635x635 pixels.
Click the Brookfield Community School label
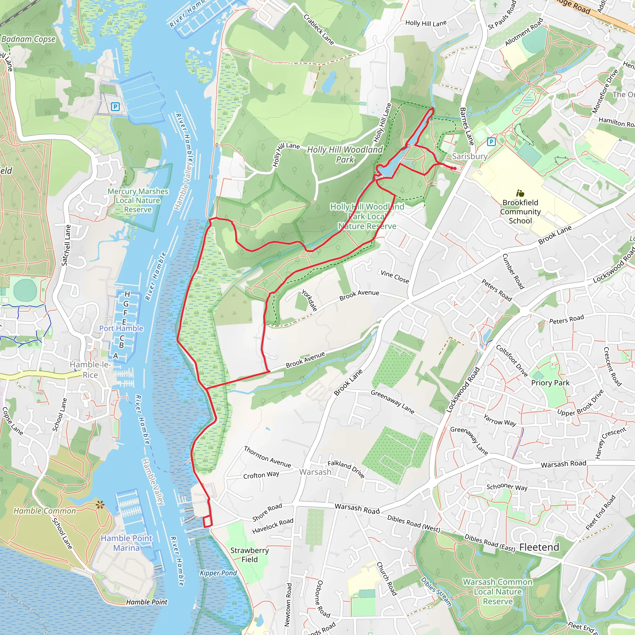[x=520, y=212]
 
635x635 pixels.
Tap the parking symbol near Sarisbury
[x=491, y=142]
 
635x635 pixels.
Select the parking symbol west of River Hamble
[x=115, y=106]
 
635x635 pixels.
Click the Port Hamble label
[x=121, y=328]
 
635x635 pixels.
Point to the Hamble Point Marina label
[x=127, y=543]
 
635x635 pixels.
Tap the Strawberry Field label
[x=250, y=555]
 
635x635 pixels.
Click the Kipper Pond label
[x=218, y=573]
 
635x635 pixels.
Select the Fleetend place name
[x=539, y=547]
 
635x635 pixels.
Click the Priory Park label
[x=550, y=383]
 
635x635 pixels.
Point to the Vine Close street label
[x=395, y=277]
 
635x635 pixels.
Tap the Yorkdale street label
[x=309, y=300]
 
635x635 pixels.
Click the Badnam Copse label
[x=29, y=39]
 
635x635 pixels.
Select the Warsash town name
[x=315, y=472]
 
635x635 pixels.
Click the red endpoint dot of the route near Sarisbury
[x=454, y=168]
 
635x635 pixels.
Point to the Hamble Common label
[x=45, y=511]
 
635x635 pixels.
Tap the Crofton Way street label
[x=261, y=475]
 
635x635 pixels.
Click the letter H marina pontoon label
[x=127, y=294]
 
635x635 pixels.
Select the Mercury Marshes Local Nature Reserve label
[x=138, y=200]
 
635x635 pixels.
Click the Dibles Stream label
[x=436, y=592]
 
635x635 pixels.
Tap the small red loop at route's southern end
[x=207, y=522]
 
